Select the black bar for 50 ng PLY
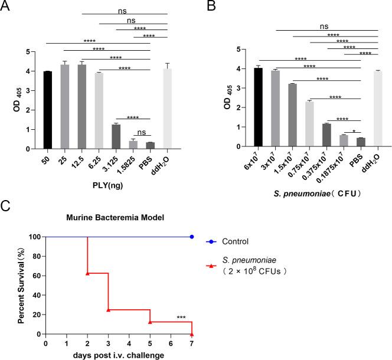[48, 110]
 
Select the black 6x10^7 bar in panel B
[258, 107]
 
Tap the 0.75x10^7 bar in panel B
[309, 124]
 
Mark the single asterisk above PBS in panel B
[352, 131]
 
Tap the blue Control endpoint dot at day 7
[192, 237]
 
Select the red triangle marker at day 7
[192, 334]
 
